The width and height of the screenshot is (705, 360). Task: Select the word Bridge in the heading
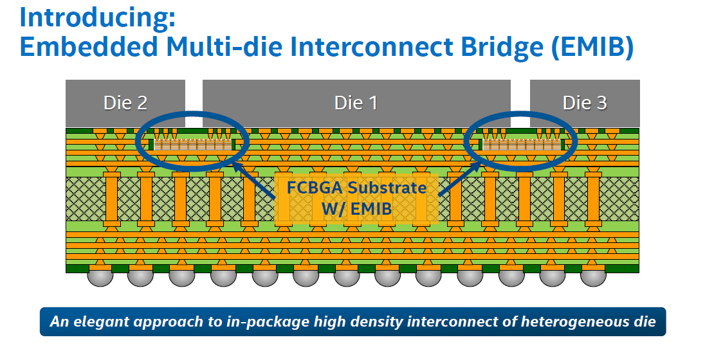[502, 47]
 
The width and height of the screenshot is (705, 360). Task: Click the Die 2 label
[125, 103]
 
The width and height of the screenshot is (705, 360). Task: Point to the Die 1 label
[356, 103]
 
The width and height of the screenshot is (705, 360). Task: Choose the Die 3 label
[585, 103]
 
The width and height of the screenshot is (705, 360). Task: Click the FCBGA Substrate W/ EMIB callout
[356, 198]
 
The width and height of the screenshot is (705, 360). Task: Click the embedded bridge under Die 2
[192, 144]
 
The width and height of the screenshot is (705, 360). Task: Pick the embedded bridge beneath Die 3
[521, 144]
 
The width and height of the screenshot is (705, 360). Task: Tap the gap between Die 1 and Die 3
[520, 104]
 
